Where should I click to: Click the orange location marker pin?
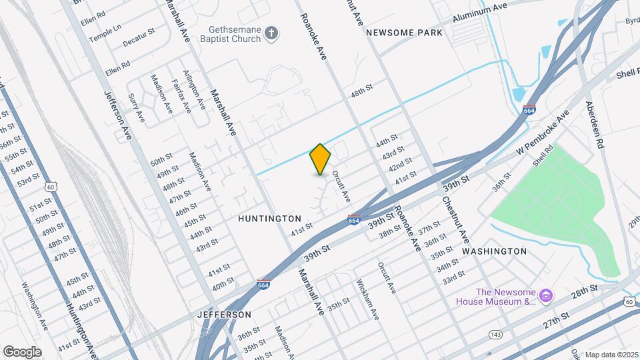pos(320,159)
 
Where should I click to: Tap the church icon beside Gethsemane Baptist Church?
pos(271,33)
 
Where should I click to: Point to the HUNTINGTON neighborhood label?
pos(269,219)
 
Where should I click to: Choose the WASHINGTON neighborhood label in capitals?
pos(494,251)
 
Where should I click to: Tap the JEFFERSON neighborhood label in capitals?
pos(224,314)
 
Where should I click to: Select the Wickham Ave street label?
pos(366,299)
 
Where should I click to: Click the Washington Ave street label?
pos(34,309)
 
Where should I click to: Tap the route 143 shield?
pos(495,333)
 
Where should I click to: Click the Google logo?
pos(22,351)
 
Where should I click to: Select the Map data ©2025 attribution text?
pos(611,355)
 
